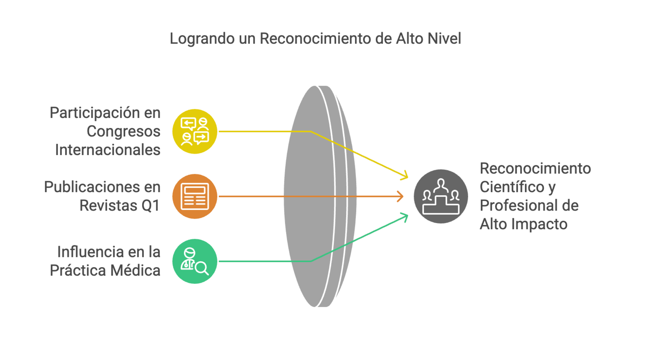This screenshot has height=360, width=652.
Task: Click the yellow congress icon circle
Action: tap(194, 132)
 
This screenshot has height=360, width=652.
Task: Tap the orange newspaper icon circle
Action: tap(194, 196)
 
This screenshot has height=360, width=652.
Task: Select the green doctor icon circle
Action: tap(194, 261)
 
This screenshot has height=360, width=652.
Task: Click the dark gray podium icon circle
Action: tap(441, 196)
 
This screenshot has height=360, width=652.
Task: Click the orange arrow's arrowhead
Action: tap(401, 196)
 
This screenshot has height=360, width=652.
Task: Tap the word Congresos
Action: tap(123, 132)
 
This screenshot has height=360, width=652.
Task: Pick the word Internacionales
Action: tap(108, 150)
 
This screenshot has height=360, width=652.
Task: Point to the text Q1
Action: tap(150, 206)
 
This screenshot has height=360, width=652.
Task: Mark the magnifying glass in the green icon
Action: tap(201, 268)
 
